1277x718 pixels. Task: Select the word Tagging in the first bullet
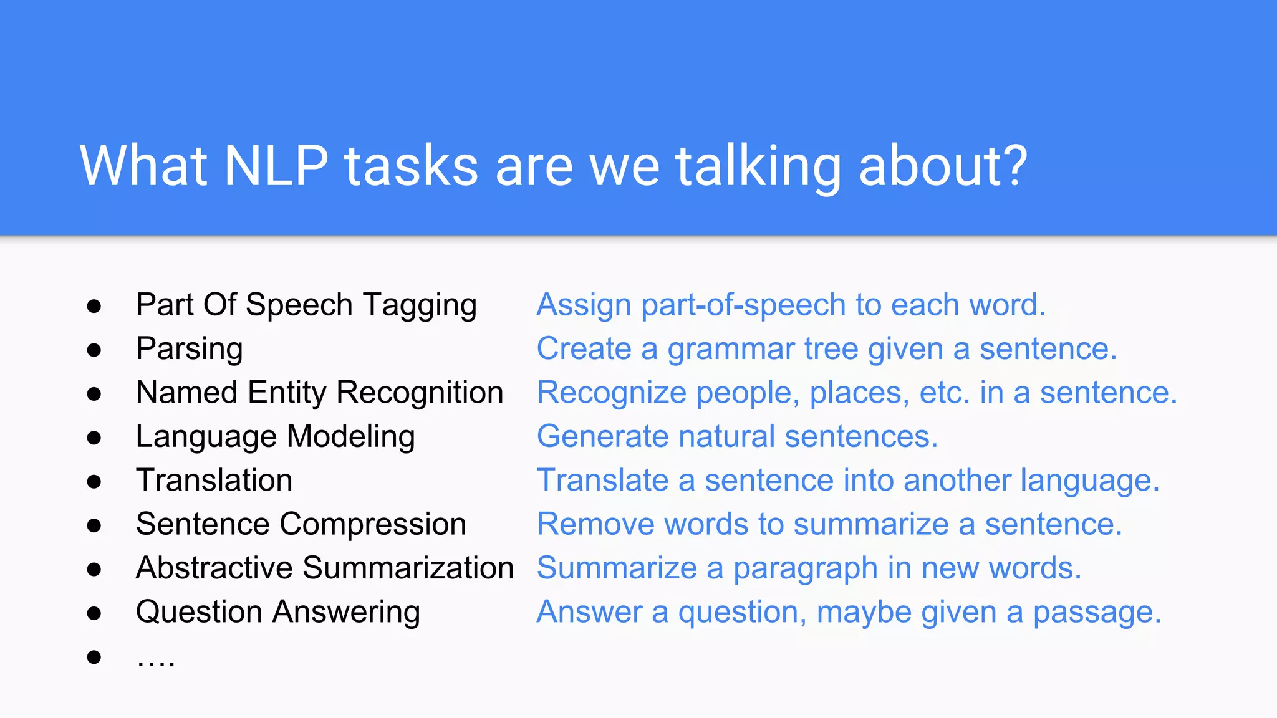(x=420, y=306)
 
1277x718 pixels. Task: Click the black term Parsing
(x=189, y=350)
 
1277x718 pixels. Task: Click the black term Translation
(x=214, y=481)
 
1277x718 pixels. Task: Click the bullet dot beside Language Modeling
(x=94, y=438)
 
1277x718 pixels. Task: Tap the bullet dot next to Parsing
(x=94, y=350)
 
